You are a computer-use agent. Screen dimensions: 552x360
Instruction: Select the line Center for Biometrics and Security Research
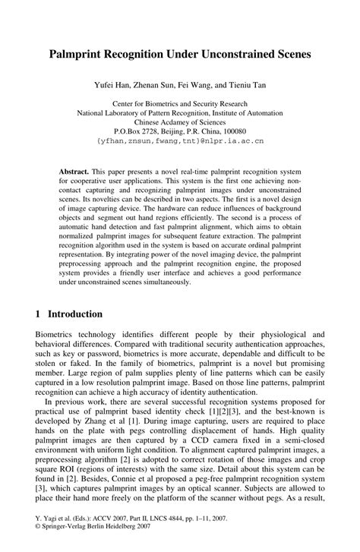coord(180,102)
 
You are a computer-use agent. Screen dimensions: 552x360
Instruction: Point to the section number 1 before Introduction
coord(39,314)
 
